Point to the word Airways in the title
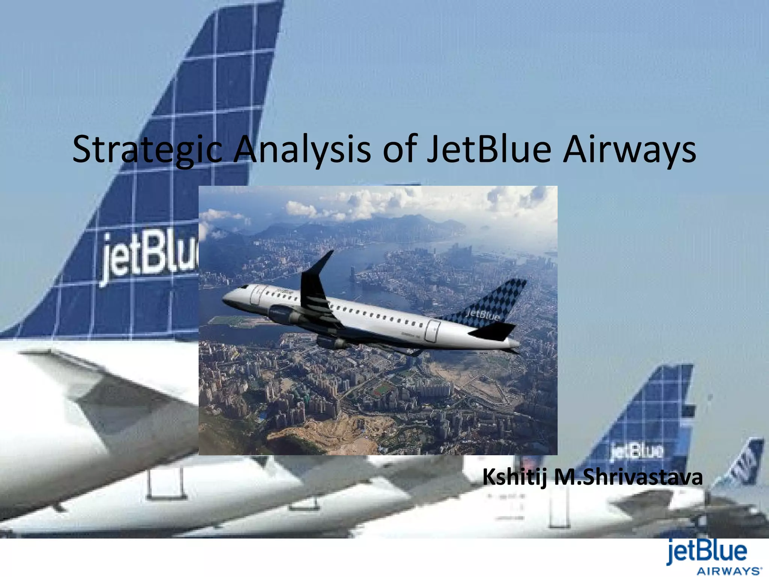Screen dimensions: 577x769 point(629,150)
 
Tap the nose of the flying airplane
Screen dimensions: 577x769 point(227,299)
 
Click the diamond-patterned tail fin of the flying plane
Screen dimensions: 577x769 point(496,301)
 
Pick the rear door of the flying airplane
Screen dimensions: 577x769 point(433,331)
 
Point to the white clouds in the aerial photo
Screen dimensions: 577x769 point(338,205)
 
